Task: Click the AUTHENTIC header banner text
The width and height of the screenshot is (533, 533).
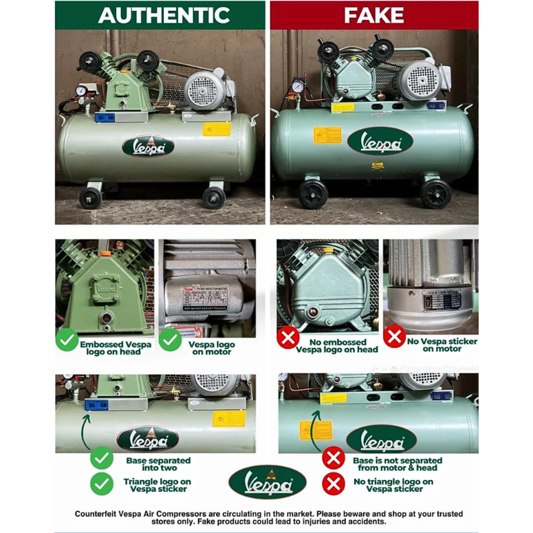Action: tap(164, 15)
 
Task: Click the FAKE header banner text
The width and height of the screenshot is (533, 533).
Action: tap(373, 15)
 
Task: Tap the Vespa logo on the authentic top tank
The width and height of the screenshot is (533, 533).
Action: tap(148, 146)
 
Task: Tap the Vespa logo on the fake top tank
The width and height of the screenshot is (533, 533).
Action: tap(380, 141)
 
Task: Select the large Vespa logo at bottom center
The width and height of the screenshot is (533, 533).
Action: tap(268, 482)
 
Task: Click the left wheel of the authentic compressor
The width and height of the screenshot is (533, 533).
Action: tap(90, 198)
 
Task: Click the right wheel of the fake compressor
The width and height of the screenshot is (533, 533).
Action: tap(436, 193)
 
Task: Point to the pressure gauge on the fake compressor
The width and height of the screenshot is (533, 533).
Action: tap(298, 87)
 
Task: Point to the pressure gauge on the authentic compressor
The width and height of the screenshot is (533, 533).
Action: tap(82, 90)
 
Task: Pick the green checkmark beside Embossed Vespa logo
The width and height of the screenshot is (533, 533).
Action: tap(67, 340)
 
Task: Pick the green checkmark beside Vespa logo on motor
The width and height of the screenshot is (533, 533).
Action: tap(170, 340)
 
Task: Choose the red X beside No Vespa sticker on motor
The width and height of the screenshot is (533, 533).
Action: tap(394, 337)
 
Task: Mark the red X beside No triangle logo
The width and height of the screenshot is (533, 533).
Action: tap(334, 483)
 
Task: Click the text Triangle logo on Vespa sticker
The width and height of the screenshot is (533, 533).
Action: tap(157, 486)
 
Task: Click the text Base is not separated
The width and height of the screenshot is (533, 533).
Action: tap(398, 460)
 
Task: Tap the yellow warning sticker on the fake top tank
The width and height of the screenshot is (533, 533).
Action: tap(327, 135)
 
